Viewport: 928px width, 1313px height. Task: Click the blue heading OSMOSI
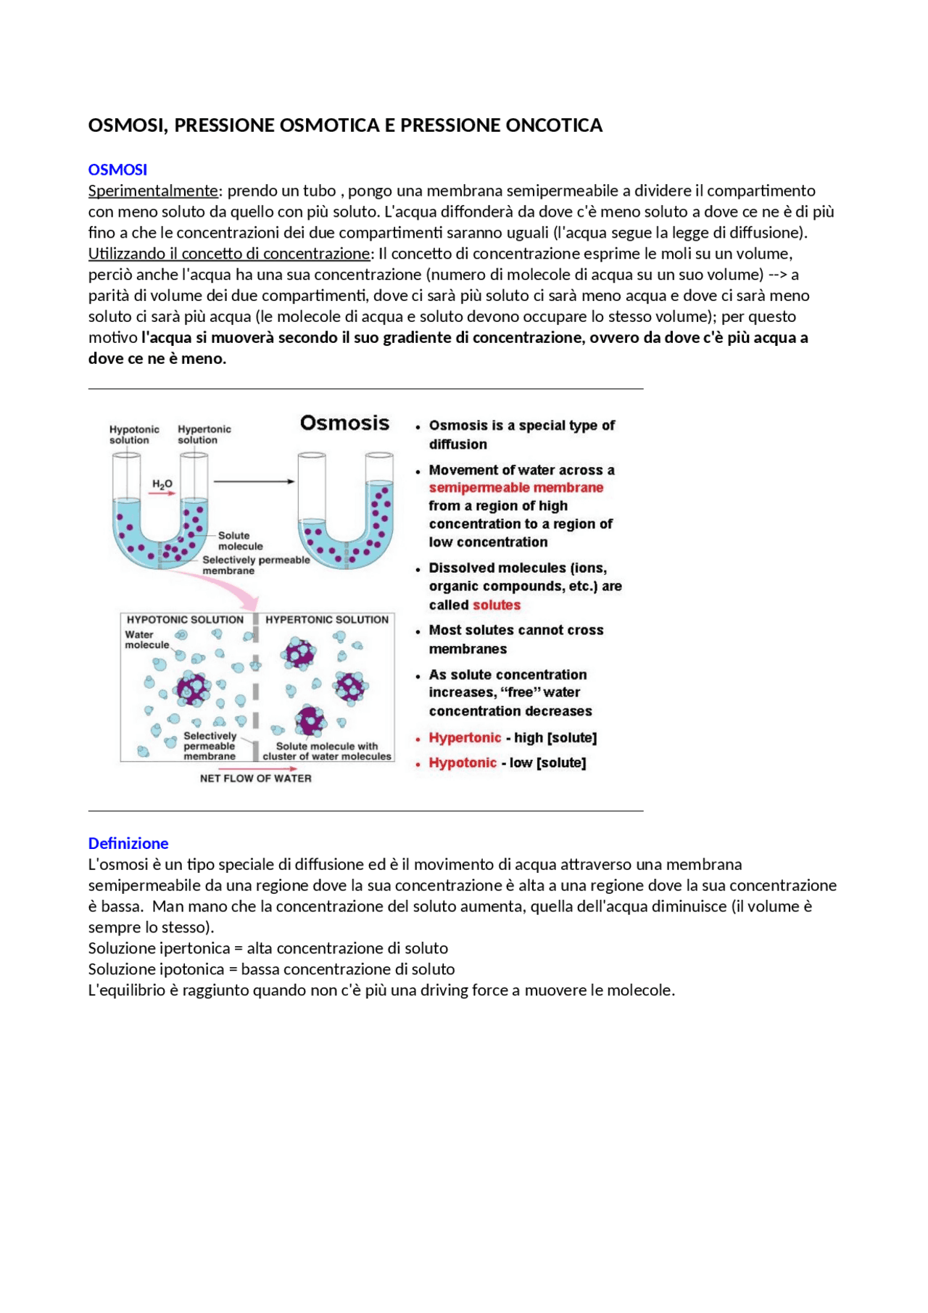[x=117, y=170]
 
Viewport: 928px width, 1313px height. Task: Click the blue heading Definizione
[x=128, y=843]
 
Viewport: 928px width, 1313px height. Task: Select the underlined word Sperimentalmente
[x=153, y=191]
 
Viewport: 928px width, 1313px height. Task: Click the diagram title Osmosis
[x=344, y=423]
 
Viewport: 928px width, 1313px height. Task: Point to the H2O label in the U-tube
[x=162, y=484]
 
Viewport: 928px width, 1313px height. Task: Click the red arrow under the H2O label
[x=162, y=494]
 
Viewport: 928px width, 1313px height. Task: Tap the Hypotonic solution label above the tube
[x=134, y=434]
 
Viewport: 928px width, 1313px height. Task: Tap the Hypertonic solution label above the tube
[x=204, y=434]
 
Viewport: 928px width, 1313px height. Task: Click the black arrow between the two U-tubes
[x=254, y=481]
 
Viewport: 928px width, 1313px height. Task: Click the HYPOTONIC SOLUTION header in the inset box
[x=185, y=620]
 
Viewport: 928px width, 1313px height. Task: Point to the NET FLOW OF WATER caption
[x=255, y=778]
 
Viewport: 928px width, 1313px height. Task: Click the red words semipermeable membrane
[x=515, y=488]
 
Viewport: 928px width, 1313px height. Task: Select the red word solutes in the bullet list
[x=496, y=605]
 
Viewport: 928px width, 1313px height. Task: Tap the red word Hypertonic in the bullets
[x=465, y=737]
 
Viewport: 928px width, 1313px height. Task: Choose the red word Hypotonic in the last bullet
[x=463, y=763]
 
